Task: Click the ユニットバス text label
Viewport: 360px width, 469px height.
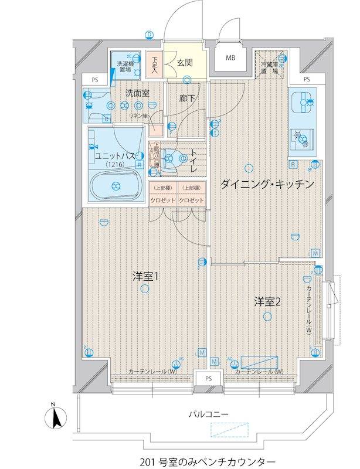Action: click(116, 155)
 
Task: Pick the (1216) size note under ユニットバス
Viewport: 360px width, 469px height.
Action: click(116, 165)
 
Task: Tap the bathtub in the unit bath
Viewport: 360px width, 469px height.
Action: click(116, 186)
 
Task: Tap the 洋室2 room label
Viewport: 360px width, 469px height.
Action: click(268, 302)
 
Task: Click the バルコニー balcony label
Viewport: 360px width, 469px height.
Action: click(208, 414)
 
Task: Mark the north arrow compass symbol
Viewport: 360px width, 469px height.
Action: click(54, 417)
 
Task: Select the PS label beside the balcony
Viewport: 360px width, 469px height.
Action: click(208, 378)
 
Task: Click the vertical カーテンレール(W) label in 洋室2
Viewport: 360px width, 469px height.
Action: click(308, 312)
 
